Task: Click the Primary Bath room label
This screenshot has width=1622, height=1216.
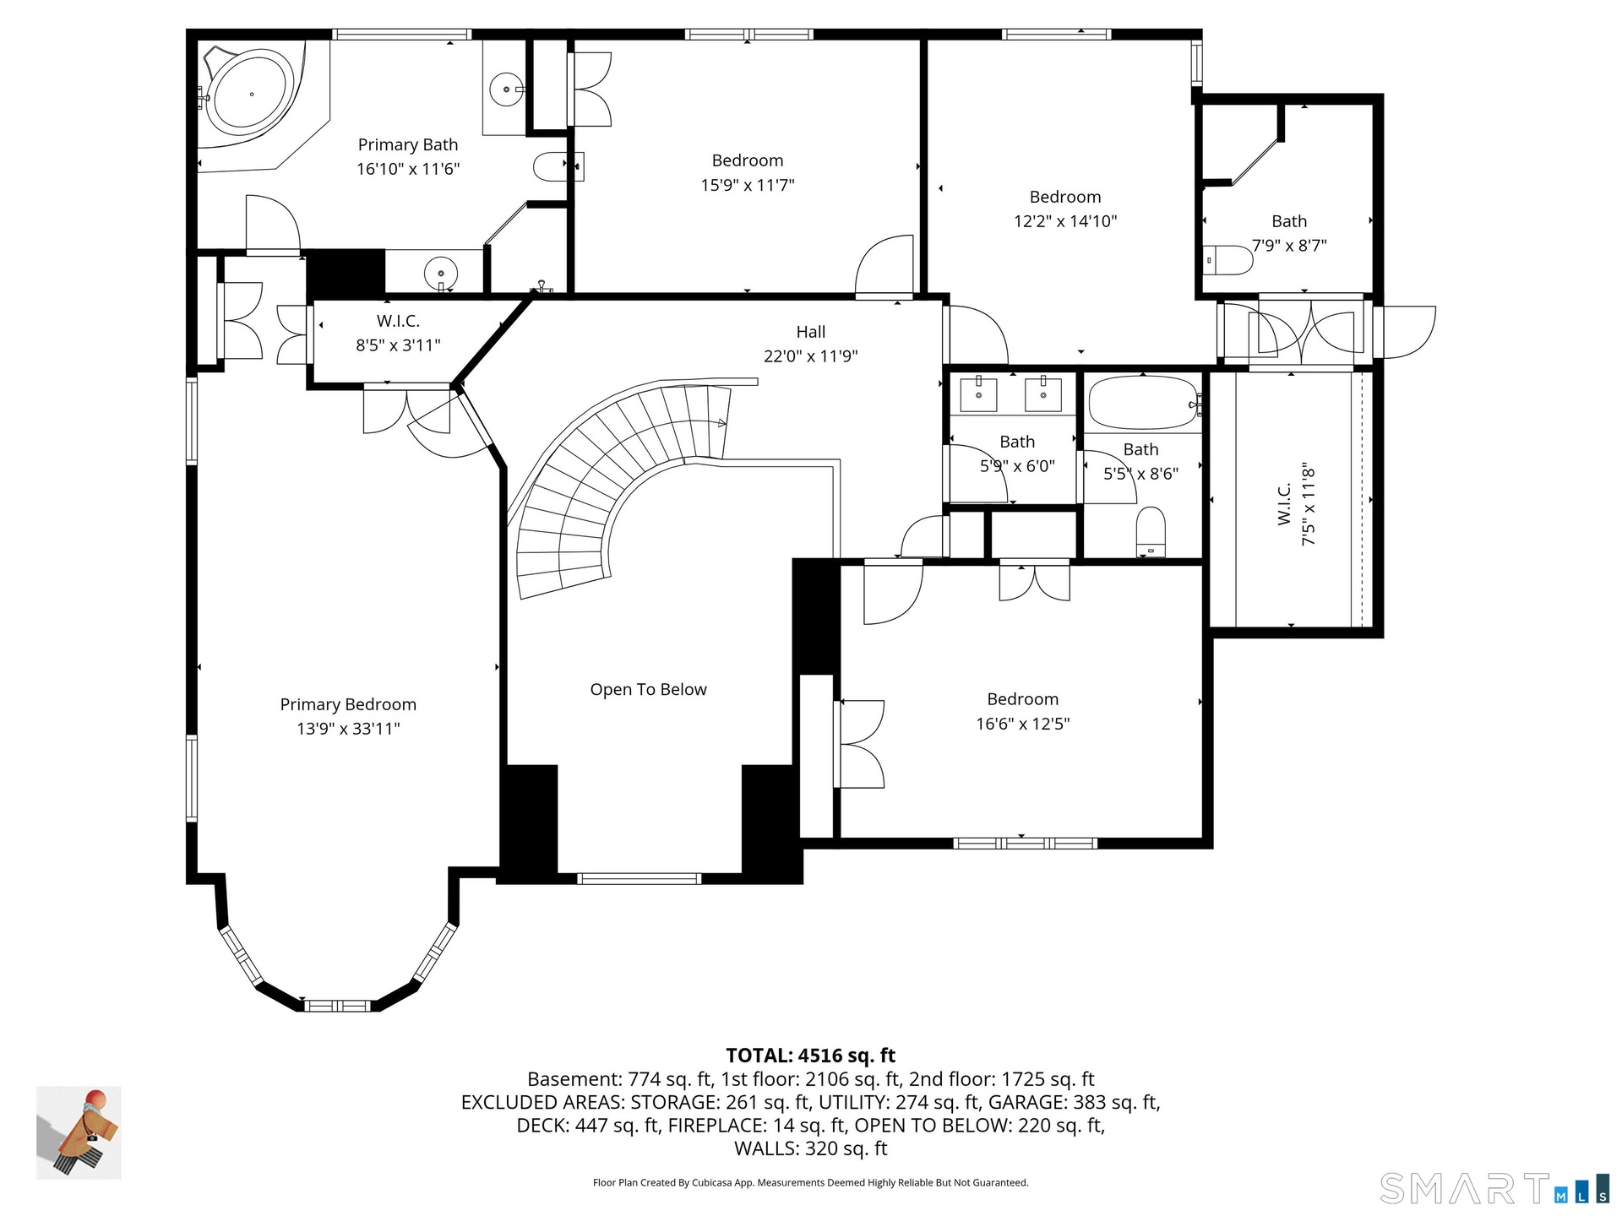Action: coord(408,145)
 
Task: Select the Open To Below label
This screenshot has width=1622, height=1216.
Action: coord(648,690)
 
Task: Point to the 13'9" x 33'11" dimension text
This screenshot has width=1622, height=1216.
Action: coord(348,729)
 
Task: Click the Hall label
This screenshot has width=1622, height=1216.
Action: coord(811,332)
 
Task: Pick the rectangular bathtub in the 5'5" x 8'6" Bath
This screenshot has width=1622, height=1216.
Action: coord(1143,403)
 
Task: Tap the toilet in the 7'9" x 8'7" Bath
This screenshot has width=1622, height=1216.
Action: coord(1228,260)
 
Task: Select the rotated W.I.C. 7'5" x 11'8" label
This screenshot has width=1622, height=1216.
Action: coord(1296,503)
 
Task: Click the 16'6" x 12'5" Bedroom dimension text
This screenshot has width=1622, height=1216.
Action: coord(1023,724)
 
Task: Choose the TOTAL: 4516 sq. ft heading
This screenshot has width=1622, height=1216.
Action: coord(811,1056)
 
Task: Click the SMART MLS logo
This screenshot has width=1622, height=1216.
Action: coord(1494,1188)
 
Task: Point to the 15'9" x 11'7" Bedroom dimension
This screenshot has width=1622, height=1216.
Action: coord(748,185)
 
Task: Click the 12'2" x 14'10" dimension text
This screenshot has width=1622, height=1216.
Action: coord(1065,221)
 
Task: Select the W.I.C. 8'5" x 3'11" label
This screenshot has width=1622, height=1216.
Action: coord(398,333)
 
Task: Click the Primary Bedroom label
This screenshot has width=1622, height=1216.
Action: coord(348,704)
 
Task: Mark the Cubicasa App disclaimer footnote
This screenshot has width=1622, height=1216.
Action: coord(811,1183)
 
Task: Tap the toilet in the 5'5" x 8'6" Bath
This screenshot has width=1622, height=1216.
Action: coord(1151,532)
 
